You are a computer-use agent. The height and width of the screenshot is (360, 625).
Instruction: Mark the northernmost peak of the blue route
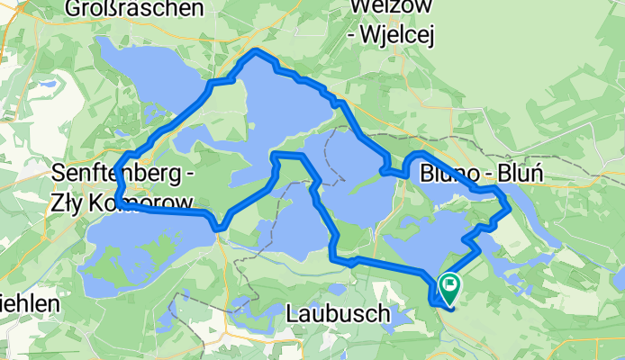(x=258, y=51)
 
